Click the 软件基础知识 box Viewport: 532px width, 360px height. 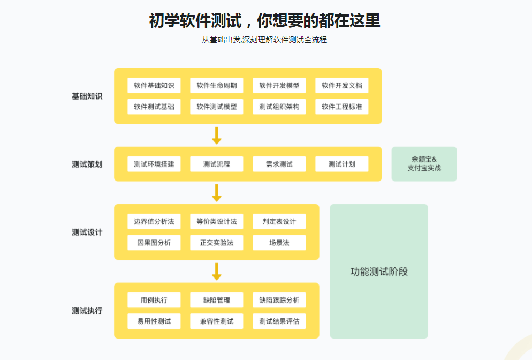(x=154, y=86)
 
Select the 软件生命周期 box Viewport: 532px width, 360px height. (x=217, y=86)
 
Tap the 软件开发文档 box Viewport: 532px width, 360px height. (x=342, y=86)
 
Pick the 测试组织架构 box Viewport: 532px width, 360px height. (x=279, y=107)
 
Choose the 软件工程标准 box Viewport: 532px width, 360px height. (x=342, y=107)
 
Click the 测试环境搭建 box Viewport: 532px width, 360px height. (x=154, y=164)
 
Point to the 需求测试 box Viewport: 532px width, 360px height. (x=279, y=164)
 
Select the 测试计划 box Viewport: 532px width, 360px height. (x=342, y=164)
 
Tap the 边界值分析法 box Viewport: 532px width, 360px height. (x=154, y=221)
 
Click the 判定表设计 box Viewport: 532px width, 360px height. (x=279, y=221)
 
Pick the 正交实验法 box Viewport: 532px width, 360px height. (x=217, y=243)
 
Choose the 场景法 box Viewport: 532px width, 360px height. (x=279, y=243)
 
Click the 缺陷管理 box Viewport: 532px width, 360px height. (x=217, y=300)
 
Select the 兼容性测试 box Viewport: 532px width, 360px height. (x=217, y=321)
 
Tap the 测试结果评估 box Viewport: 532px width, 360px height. (x=279, y=321)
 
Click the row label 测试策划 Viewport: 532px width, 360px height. (x=87, y=164)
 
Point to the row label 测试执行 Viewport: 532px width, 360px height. (x=87, y=311)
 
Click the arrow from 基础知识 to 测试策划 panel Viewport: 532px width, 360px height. (x=217, y=136)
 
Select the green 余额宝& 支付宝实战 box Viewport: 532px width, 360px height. (x=424, y=164)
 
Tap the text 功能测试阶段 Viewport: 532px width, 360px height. (x=379, y=272)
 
